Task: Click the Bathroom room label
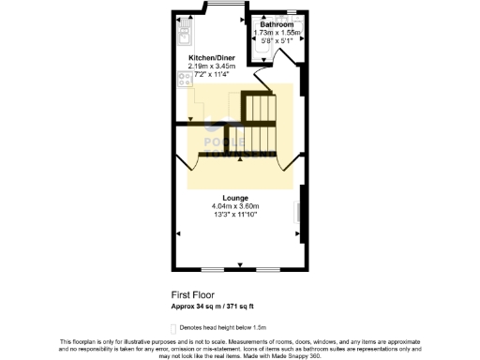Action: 277,24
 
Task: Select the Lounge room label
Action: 234,198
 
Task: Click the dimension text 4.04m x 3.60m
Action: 234,206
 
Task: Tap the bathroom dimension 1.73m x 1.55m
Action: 277,33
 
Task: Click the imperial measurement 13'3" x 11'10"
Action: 234,215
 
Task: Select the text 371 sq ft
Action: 240,306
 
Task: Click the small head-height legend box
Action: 172,326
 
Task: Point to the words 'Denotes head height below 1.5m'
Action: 223,326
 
